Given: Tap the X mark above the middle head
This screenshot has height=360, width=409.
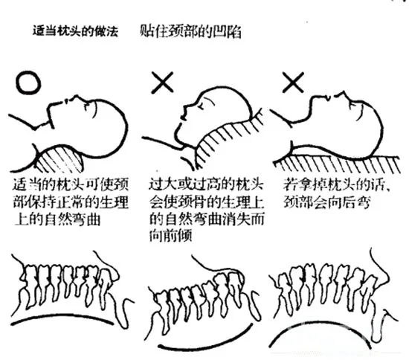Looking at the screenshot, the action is (x=162, y=83).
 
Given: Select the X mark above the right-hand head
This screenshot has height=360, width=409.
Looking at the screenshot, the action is (x=294, y=83).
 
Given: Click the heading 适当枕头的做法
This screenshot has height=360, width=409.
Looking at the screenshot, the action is (x=75, y=30).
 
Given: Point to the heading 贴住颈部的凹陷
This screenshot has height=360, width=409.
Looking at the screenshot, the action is (x=190, y=31).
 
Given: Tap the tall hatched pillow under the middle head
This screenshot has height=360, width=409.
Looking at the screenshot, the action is (x=225, y=140).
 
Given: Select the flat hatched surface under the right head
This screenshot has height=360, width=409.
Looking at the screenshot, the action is (x=336, y=164).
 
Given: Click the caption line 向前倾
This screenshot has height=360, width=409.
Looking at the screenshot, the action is (x=171, y=236).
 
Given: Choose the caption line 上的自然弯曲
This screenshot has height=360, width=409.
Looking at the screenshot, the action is (x=57, y=219).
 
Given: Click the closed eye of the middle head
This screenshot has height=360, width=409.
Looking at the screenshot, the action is (x=201, y=105).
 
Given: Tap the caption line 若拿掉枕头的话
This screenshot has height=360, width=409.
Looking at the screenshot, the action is (x=336, y=184).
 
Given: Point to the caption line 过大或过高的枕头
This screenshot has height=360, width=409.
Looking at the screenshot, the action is (x=206, y=184).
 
